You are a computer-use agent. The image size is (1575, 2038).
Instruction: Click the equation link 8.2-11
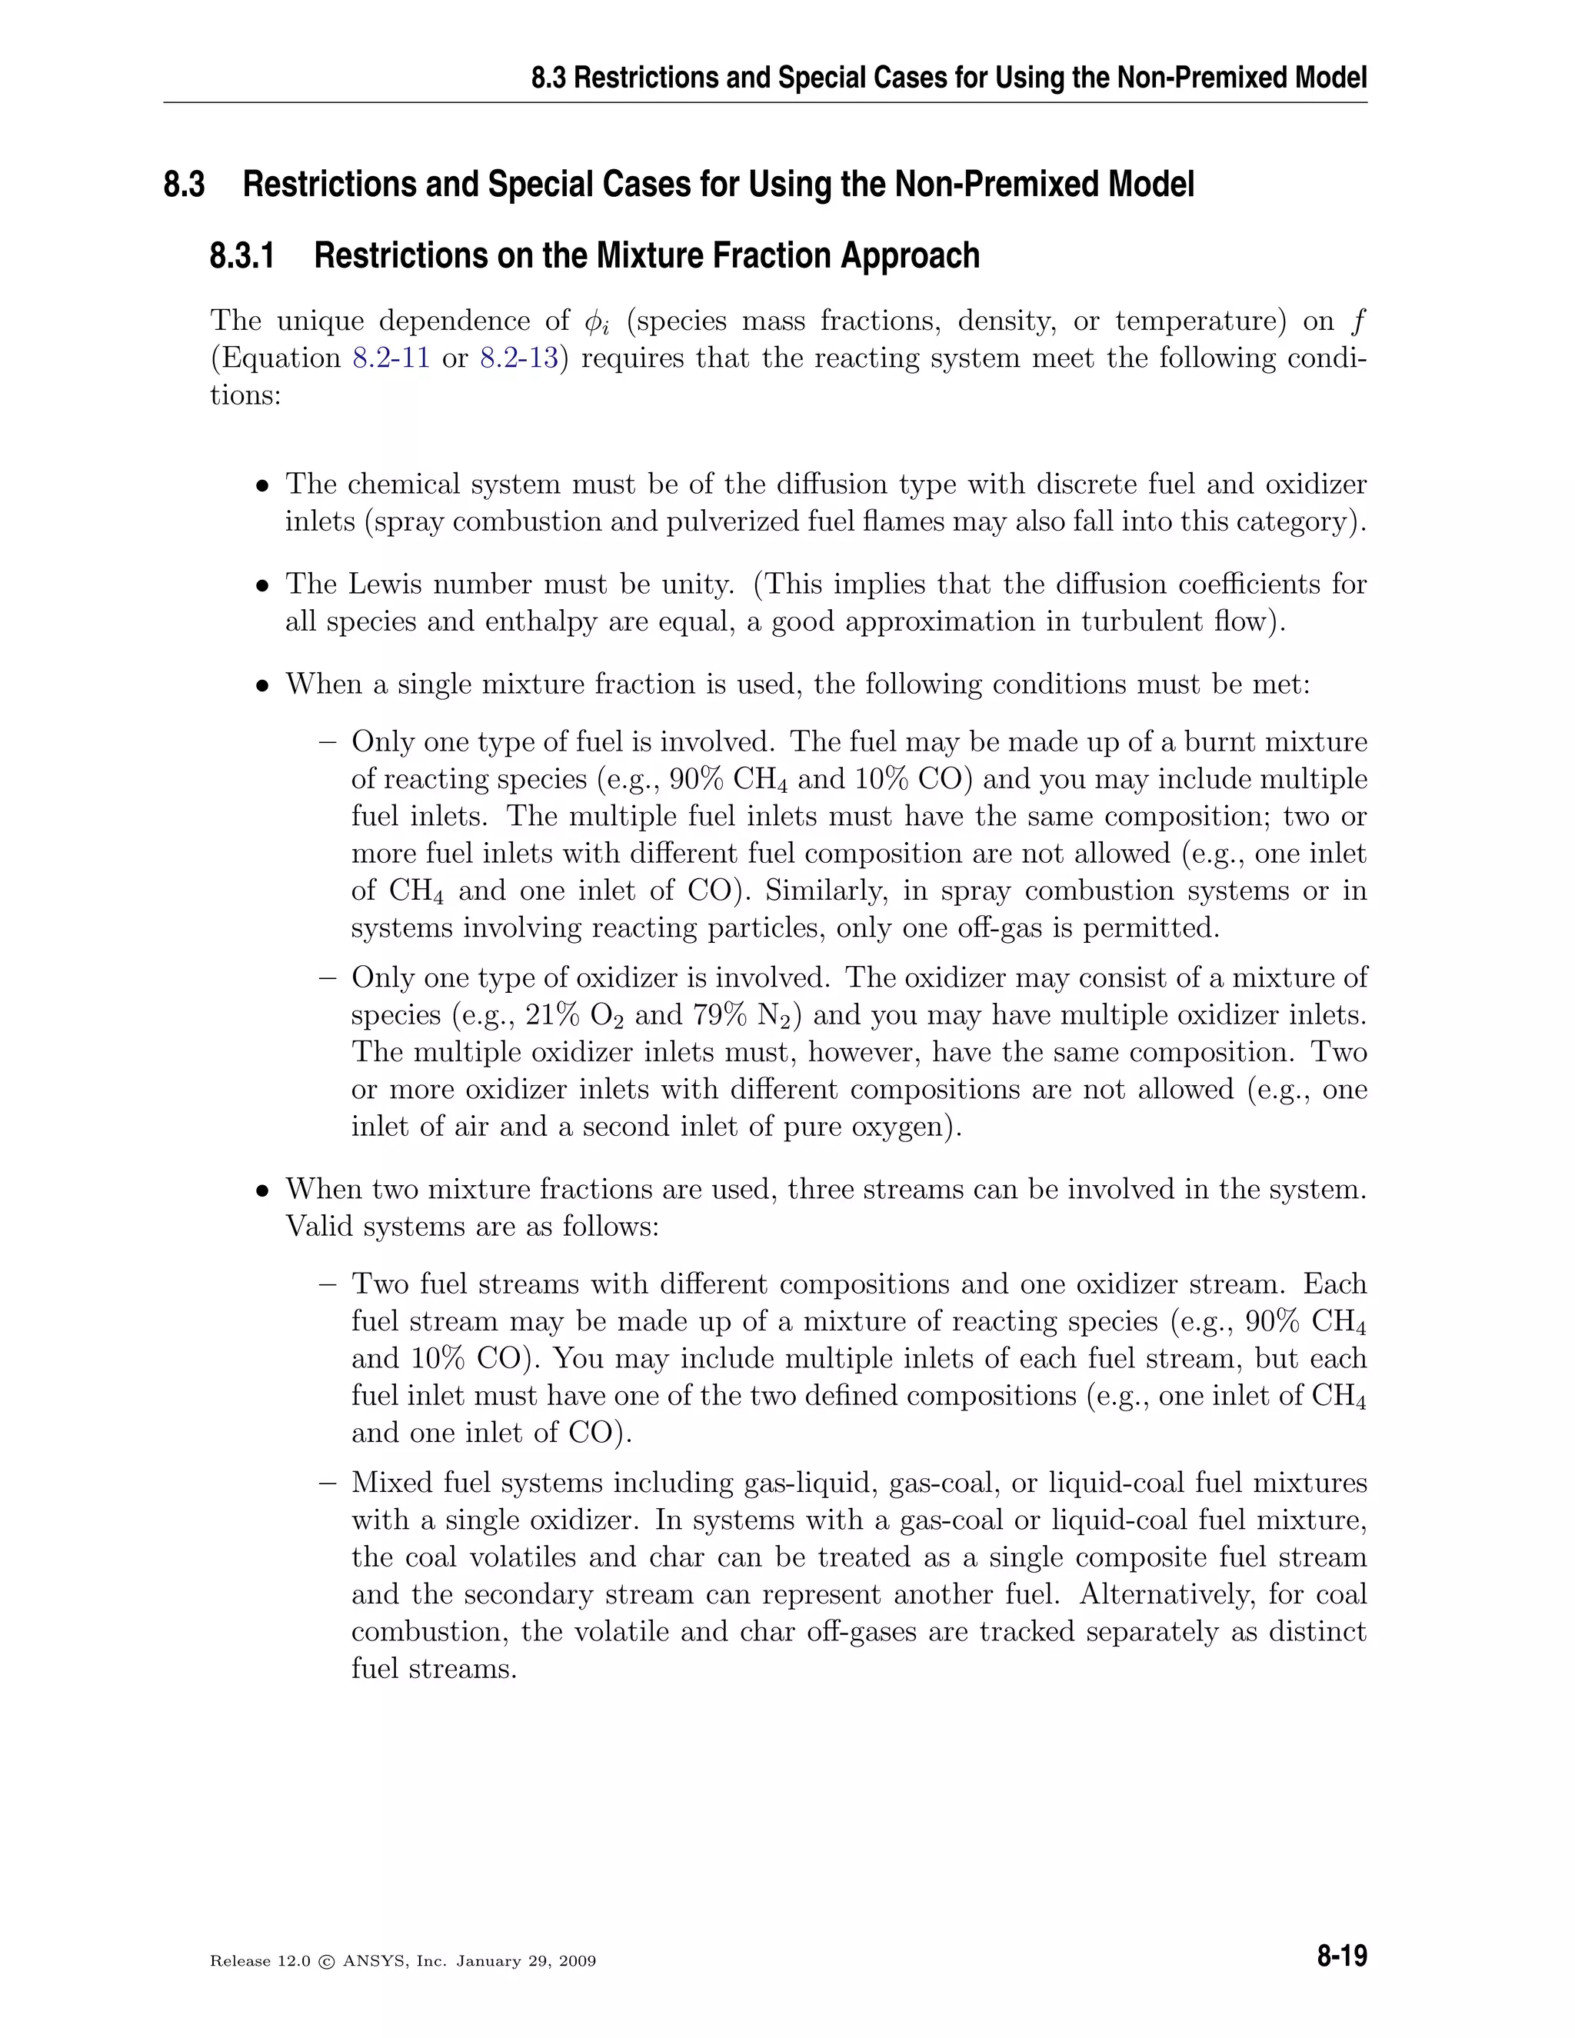click(391, 358)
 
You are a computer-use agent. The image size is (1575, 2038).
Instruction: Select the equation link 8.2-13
click(519, 358)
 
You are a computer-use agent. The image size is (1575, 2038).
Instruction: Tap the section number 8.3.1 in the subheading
click(241, 255)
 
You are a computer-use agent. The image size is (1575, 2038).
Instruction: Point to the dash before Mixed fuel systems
click(327, 1483)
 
